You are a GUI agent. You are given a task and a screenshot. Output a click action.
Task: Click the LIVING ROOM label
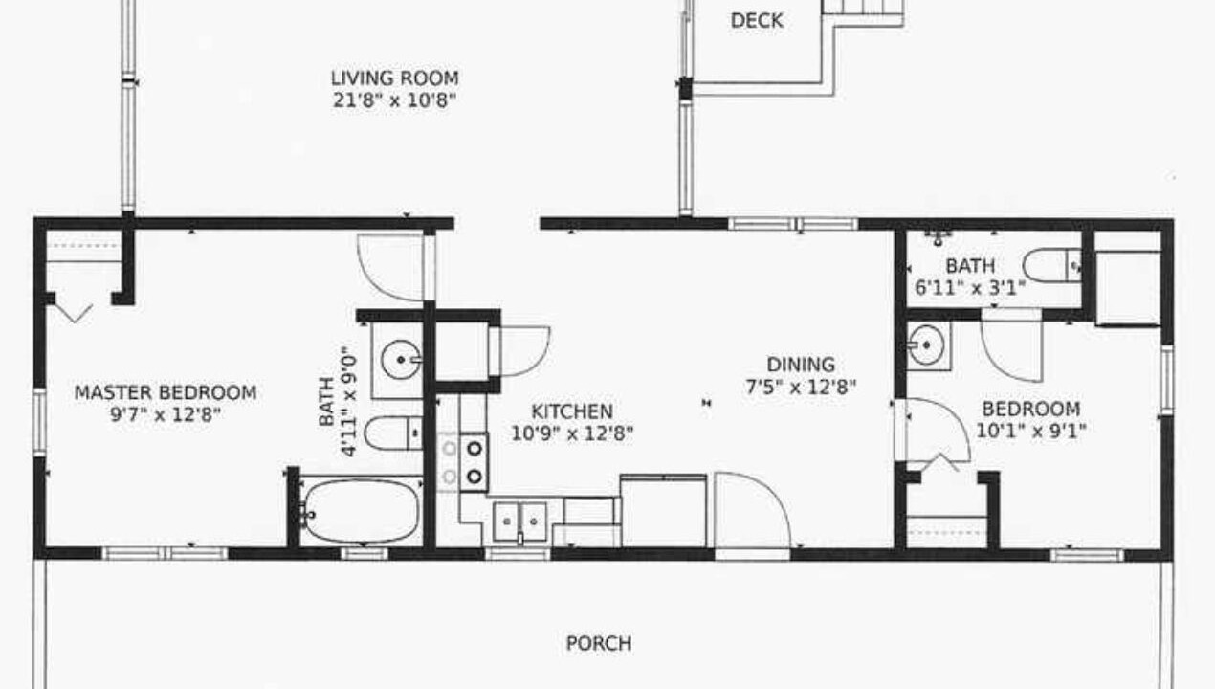[395, 78]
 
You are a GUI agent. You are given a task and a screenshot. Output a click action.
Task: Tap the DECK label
[757, 21]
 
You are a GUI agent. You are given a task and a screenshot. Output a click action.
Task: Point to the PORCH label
[599, 643]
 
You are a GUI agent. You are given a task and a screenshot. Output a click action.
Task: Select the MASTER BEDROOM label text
[166, 392]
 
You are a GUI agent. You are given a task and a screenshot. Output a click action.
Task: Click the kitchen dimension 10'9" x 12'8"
[572, 434]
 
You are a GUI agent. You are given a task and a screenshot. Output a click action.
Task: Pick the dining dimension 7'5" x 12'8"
[801, 388]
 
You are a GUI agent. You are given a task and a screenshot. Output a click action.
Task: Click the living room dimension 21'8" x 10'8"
[394, 100]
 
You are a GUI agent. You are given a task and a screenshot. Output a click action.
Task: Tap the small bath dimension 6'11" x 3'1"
[970, 287]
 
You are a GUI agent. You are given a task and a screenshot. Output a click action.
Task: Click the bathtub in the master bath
[361, 511]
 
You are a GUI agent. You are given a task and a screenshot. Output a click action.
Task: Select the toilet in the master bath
[393, 433]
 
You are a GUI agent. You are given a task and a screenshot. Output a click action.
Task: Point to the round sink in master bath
[401, 359]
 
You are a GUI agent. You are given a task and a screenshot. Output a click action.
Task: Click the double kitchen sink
[520, 522]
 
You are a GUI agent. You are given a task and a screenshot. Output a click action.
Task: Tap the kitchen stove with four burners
[462, 462]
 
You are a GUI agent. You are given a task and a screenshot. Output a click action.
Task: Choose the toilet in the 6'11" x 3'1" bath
[1052, 265]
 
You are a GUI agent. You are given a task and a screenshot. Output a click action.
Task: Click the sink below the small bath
[927, 345]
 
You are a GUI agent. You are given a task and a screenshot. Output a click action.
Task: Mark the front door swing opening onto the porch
[753, 510]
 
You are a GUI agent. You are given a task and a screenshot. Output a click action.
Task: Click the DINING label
[801, 364]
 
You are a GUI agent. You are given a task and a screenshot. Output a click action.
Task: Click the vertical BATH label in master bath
[326, 402]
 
